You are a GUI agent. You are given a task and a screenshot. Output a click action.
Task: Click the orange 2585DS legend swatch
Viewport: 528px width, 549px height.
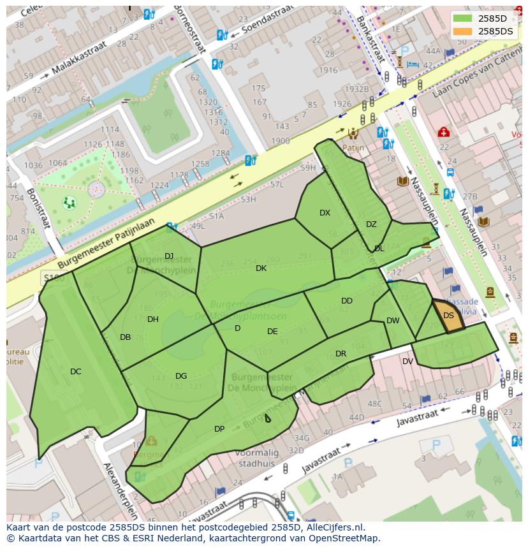pos(463,31)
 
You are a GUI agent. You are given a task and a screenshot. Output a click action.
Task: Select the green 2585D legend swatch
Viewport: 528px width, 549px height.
pos(463,18)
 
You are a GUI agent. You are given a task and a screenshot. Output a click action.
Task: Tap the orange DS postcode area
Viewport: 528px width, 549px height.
pos(448,316)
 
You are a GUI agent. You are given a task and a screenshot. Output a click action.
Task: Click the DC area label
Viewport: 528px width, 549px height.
pos(76,371)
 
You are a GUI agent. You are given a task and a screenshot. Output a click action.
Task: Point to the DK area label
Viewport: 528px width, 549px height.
pos(261,268)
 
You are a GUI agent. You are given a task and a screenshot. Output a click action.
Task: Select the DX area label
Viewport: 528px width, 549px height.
pos(325,213)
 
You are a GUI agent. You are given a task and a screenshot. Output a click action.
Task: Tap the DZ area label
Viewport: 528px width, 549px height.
pos(371,224)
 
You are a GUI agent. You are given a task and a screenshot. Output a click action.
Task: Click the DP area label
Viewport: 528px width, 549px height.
pos(219,428)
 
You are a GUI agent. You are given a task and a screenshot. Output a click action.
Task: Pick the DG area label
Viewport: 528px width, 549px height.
pos(181,376)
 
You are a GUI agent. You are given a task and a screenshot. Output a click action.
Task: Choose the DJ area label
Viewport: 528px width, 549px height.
pos(169,256)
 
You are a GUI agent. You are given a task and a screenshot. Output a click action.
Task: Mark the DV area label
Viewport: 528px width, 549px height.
pos(407,362)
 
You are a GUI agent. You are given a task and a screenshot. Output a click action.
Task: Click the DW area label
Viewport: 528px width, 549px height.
pos(393,321)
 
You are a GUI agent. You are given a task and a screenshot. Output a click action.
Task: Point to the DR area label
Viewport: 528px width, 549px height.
pos(341,354)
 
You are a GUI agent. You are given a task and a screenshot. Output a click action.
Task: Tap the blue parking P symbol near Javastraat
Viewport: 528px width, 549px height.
pos(436,445)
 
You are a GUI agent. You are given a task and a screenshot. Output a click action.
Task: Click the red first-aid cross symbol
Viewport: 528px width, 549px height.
pos(443,132)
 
